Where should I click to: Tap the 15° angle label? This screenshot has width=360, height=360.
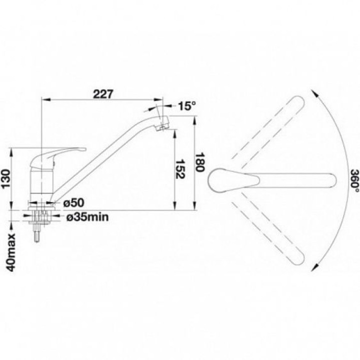[187, 106]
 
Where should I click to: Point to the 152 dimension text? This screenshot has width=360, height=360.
[180, 168]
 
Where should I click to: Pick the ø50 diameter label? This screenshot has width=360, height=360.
[74, 202]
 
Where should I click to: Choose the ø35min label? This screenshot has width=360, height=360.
[87, 216]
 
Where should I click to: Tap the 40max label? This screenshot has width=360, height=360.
[11, 252]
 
